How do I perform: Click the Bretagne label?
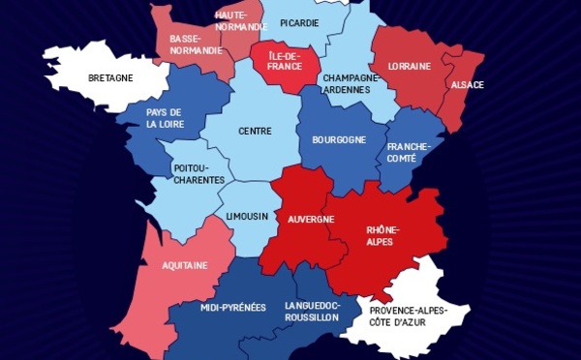[x=109, y=77]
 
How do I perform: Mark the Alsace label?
[x=467, y=85]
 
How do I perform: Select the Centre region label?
[x=256, y=131]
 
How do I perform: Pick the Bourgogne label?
[x=339, y=139]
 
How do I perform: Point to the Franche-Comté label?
[x=414, y=153]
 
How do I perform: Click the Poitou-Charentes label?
[x=199, y=174]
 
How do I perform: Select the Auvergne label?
[x=311, y=220]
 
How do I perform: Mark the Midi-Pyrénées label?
[x=232, y=308]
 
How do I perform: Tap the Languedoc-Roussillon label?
[x=312, y=311]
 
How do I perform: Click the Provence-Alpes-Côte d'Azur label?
[x=407, y=315]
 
